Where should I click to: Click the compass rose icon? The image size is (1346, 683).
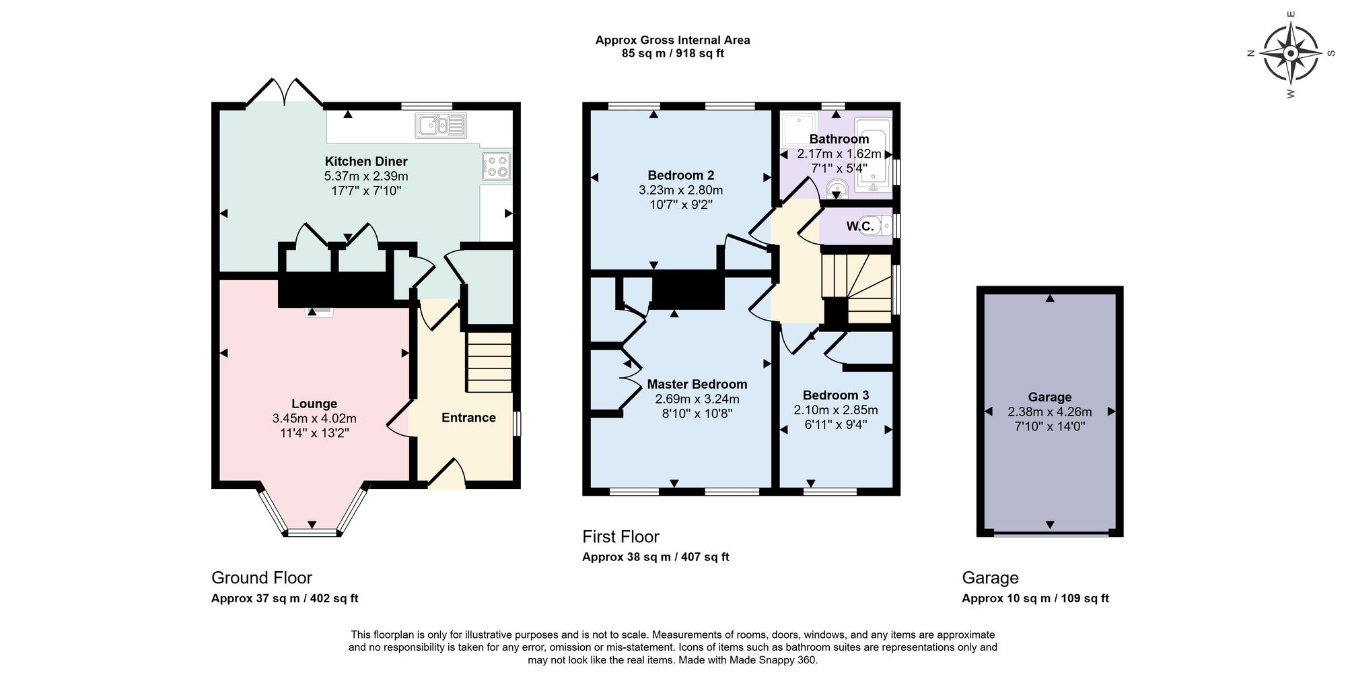pos(1290,53)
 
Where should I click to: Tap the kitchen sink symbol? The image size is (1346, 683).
pos(441,125)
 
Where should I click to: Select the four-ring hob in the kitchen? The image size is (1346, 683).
pos(496,166)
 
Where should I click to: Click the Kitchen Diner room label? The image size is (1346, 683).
pos(366,161)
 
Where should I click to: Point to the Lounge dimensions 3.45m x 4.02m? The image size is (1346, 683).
pos(314,418)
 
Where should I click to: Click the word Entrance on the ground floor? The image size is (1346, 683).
pos(468,418)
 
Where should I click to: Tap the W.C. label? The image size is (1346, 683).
pos(860,226)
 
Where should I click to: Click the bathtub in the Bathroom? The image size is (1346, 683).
pos(872,155)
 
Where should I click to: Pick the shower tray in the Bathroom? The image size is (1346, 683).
pos(799,129)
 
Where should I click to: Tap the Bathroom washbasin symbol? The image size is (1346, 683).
pos(837,187)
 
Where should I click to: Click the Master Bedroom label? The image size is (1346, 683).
pos(697,384)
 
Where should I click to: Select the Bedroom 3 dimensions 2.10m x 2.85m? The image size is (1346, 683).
pos(836,410)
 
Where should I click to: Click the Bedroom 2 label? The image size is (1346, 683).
pos(680,175)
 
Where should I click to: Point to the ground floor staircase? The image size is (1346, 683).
pos(489,362)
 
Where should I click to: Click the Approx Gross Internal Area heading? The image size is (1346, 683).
pos(672,40)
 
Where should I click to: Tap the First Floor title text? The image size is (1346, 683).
pos(621,536)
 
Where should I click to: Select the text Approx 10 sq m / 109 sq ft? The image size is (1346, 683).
pos(1035,598)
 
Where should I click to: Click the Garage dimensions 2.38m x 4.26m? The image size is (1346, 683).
pos(1049,412)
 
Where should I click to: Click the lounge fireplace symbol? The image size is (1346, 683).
pos(319,312)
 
